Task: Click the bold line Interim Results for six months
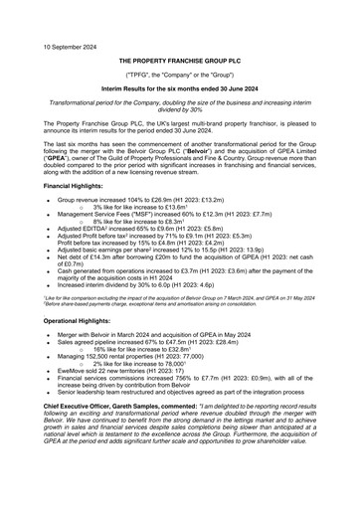point(180,89)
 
